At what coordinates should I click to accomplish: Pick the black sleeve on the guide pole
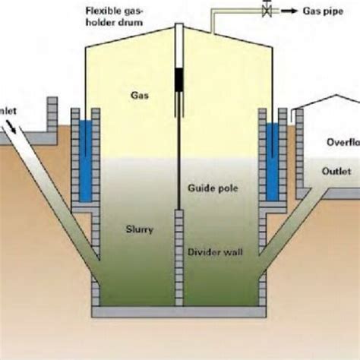click(x=180, y=80)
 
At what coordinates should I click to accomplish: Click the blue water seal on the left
click(x=85, y=160)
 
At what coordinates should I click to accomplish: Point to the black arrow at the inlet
click(x=16, y=131)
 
